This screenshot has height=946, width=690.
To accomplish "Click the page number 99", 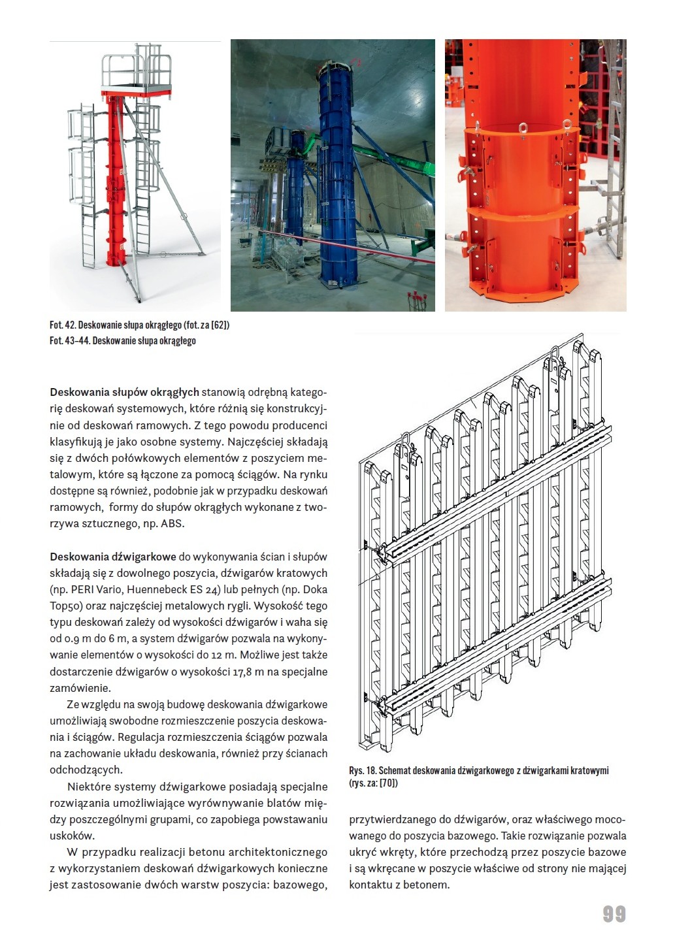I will pos(614,913).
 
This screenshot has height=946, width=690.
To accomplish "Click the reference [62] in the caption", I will pos(220,325).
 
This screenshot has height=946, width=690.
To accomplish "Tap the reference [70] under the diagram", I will pos(388,783).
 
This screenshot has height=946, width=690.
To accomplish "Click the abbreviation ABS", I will pos(172,524).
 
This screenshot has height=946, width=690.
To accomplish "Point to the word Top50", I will pos(64,606).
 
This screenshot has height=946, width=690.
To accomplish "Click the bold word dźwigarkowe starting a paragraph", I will pos(144,557).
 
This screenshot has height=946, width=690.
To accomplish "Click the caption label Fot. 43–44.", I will pos(69,341).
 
